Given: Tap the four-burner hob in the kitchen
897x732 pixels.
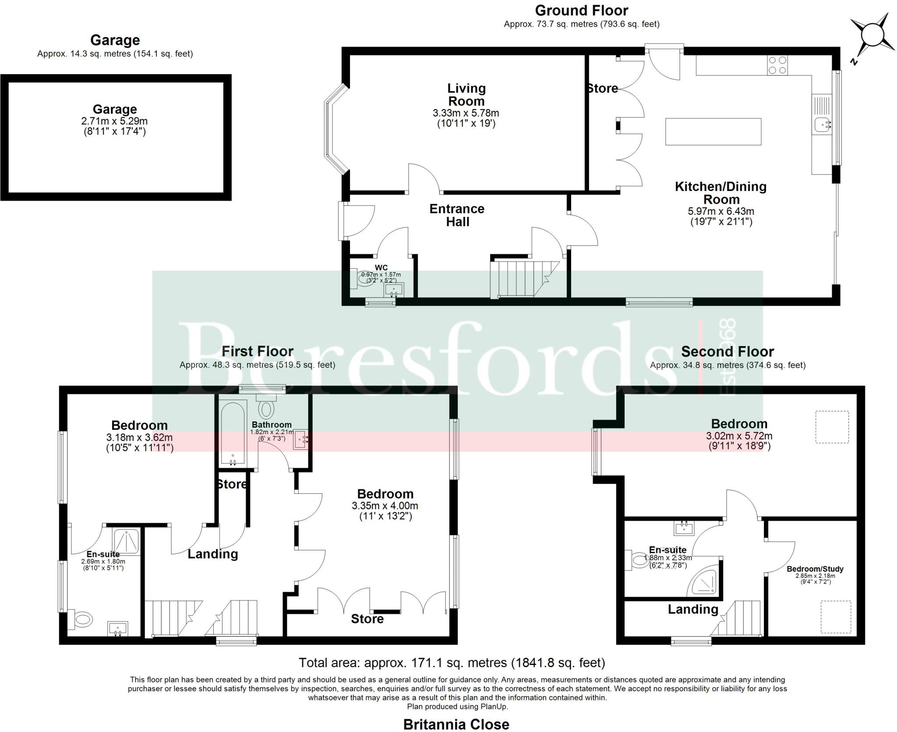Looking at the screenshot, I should [777, 65].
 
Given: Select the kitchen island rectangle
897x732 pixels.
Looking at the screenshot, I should [713, 131].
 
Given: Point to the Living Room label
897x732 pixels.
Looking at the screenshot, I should [466, 95].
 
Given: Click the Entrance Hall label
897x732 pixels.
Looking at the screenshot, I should [457, 215].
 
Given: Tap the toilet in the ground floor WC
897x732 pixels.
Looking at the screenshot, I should [363, 279].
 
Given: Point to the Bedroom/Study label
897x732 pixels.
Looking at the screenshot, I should [815, 569].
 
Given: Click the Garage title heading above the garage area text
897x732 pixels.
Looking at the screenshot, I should [115, 40].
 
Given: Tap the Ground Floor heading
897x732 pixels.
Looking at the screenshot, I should [581, 11].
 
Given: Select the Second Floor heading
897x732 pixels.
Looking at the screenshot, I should [727, 351].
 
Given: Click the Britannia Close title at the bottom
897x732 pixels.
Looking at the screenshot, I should [456, 725].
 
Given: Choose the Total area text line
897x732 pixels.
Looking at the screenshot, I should [452, 663].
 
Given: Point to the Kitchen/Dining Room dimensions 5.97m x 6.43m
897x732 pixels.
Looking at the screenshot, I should [721, 211].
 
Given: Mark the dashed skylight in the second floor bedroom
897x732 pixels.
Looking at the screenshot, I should [832, 427].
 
